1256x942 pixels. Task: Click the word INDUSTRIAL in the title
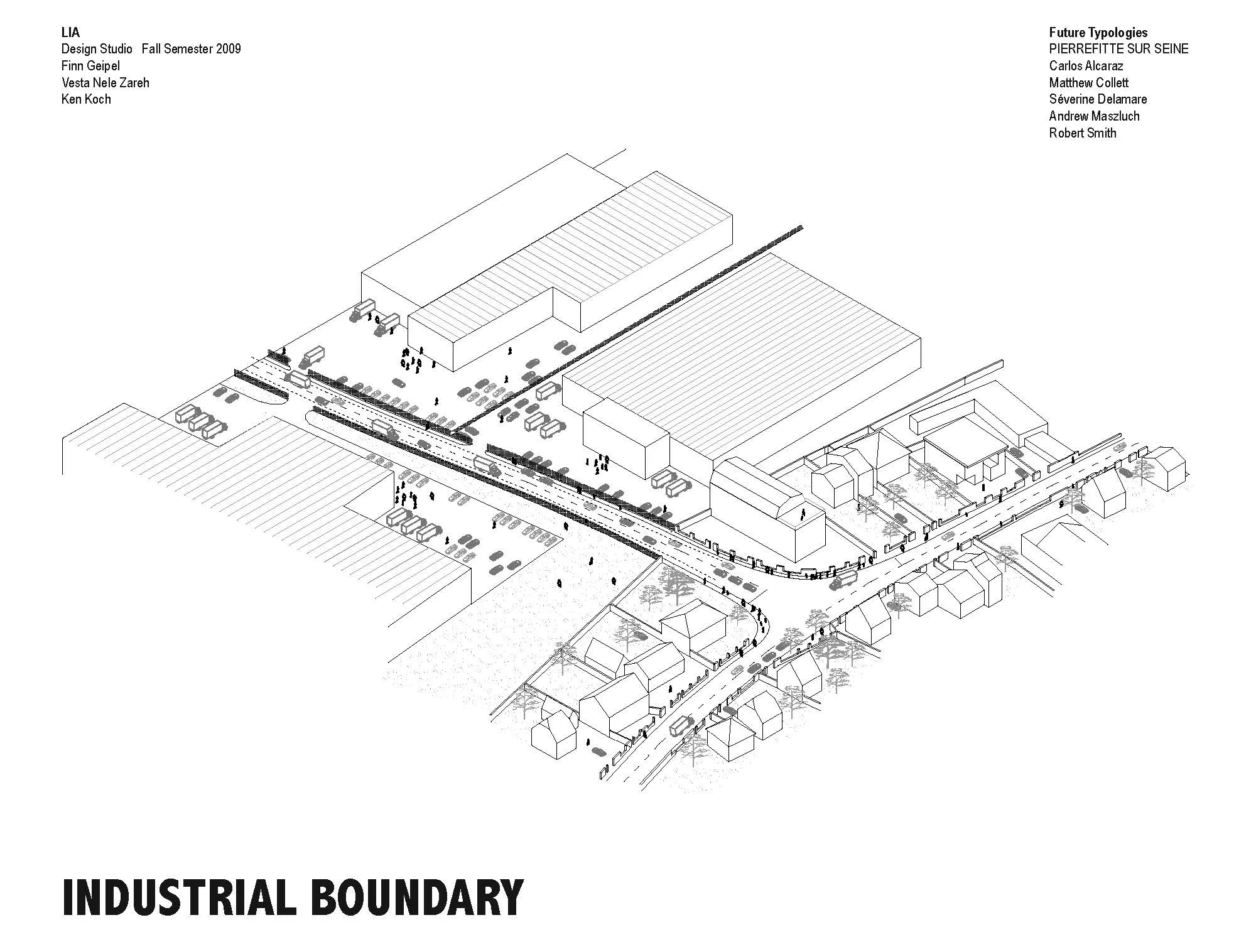[178, 897]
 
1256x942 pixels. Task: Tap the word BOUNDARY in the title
[417, 897]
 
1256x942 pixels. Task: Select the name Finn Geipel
[90, 66]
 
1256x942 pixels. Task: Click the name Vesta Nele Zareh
[106, 82]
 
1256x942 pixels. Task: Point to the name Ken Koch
[86, 99]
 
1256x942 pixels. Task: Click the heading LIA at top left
[70, 33]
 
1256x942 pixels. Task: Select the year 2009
[228, 49]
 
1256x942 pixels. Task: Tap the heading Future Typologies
[1098, 33]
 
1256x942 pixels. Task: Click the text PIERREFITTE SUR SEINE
[1118, 49]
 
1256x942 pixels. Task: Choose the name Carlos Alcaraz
[1086, 66]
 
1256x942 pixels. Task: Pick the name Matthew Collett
[1088, 83]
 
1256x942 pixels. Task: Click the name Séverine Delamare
[1098, 99]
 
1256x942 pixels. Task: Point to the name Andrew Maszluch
[1094, 116]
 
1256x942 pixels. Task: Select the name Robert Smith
[1083, 133]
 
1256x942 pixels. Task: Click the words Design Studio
[97, 49]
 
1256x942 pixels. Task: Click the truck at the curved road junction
[843, 579]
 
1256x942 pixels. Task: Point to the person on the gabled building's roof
[802, 514]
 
